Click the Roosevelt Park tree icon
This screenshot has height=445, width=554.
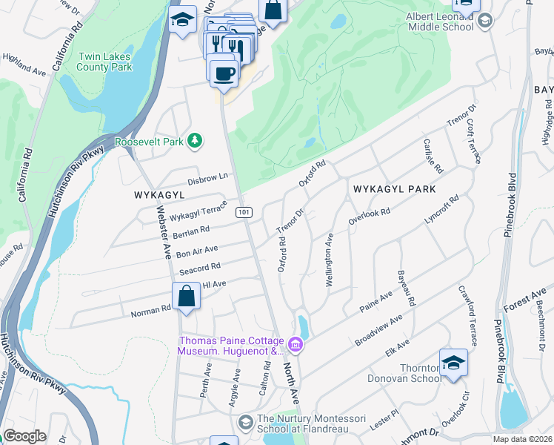(x=195, y=139)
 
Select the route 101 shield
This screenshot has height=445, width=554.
(x=244, y=213)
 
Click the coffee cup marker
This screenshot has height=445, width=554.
(x=223, y=73)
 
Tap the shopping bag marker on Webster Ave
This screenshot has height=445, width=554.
(x=187, y=297)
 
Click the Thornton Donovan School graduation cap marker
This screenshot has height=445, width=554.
(x=453, y=363)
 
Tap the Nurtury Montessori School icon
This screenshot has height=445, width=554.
(x=246, y=422)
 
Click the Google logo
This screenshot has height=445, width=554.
(x=24, y=436)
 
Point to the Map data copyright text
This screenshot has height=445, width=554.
(x=522, y=439)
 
